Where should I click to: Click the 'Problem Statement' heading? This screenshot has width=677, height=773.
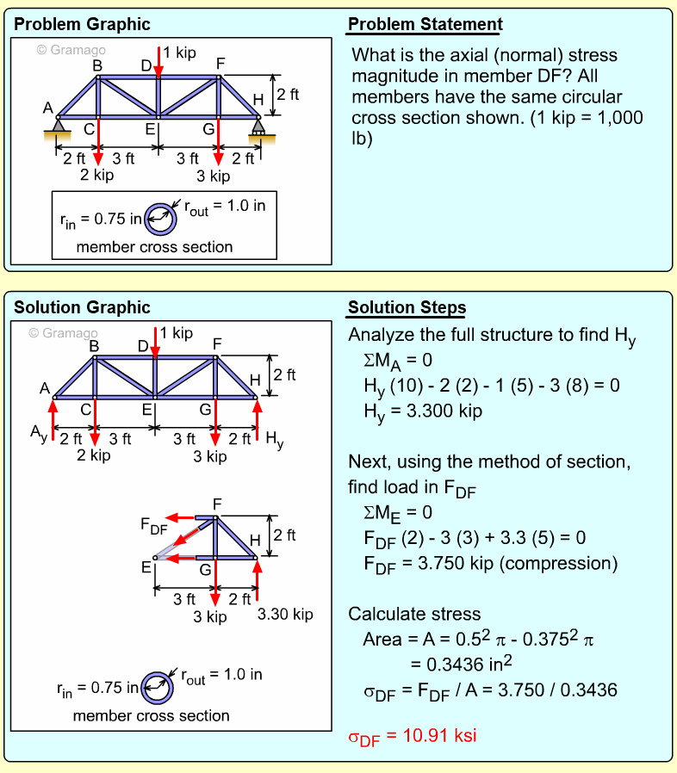pos(425,24)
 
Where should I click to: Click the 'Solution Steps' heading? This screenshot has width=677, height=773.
pos(407,308)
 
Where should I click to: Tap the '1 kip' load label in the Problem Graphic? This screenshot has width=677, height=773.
pos(179,53)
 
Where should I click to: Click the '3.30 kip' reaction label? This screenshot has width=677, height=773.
pos(285,615)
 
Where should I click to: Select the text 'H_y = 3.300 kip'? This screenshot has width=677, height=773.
pos(422,411)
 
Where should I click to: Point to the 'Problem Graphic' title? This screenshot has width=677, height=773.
pos(82,24)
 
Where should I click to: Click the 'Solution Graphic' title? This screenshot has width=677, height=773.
pos(82,307)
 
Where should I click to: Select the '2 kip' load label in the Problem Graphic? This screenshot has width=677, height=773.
pos(96,175)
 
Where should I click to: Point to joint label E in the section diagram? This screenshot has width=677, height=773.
pos(146,566)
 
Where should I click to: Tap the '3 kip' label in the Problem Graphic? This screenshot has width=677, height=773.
pos(213,176)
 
